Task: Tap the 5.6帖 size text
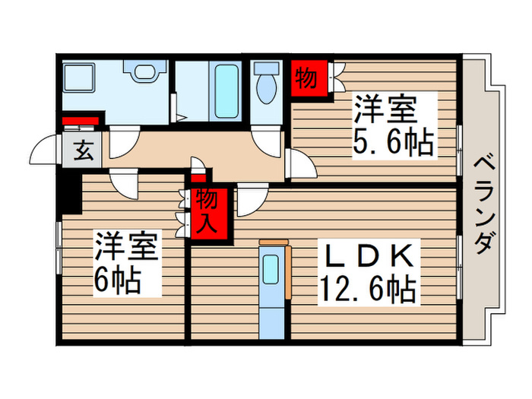(x=393, y=142)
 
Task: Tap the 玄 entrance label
(x=84, y=151)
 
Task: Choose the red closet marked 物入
(x=207, y=213)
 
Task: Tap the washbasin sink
(x=144, y=72)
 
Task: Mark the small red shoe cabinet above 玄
(x=81, y=121)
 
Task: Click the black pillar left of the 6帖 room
(x=70, y=194)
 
